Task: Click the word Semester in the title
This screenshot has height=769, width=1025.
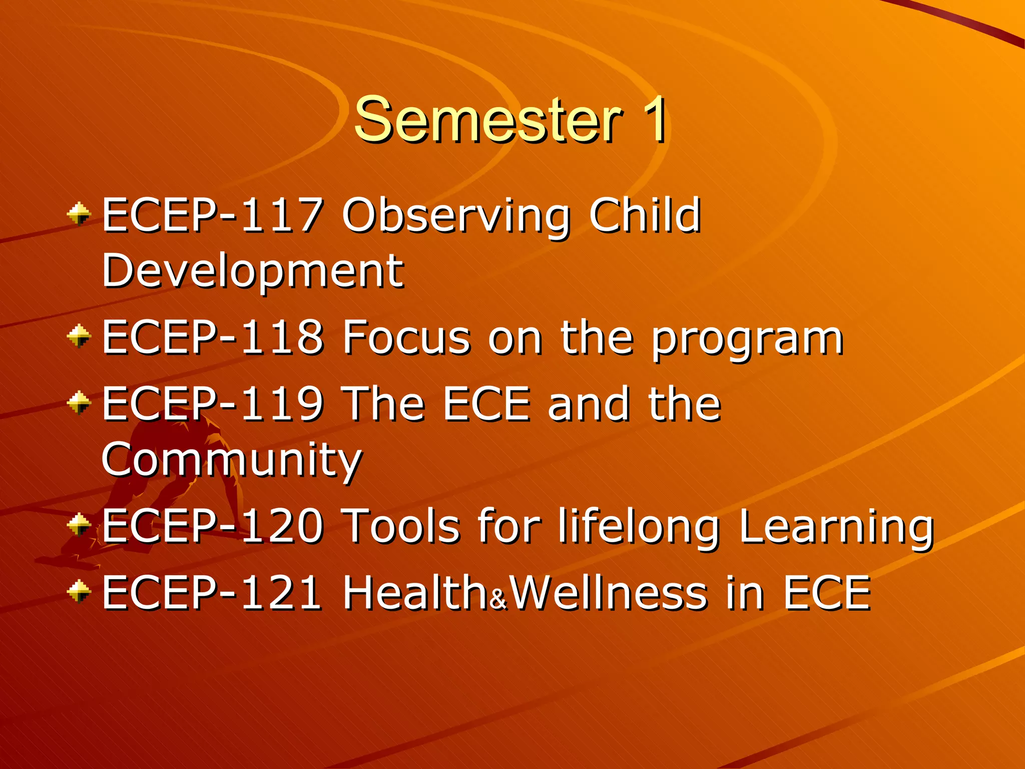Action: tap(488, 119)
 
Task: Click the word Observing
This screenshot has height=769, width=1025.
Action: tap(456, 216)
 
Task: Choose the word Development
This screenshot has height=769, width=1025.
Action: tap(252, 271)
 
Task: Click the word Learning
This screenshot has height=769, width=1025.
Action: tap(836, 528)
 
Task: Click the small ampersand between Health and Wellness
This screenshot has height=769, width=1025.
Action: tap(499, 599)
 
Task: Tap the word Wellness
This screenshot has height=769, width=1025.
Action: tap(610, 593)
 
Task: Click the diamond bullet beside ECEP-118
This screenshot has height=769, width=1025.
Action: tap(79, 336)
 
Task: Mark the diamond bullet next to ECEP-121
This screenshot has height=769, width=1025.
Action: tap(79, 591)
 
